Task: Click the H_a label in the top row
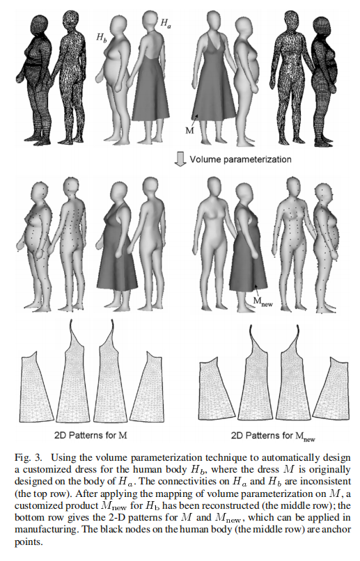pyautogui.click(x=165, y=24)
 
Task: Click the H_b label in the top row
pyautogui.click(x=101, y=37)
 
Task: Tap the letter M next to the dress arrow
pyautogui.click(x=189, y=130)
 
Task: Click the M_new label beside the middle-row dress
pyautogui.click(x=263, y=302)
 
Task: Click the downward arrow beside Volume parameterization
pyautogui.click(x=180, y=159)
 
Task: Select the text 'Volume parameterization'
pyautogui.click(x=240, y=159)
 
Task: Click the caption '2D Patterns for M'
pyautogui.click(x=91, y=436)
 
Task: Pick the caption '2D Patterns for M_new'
pyautogui.click(x=273, y=436)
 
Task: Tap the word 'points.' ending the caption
pyautogui.click(x=29, y=542)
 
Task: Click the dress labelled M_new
pyautogui.click(x=249, y=258)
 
